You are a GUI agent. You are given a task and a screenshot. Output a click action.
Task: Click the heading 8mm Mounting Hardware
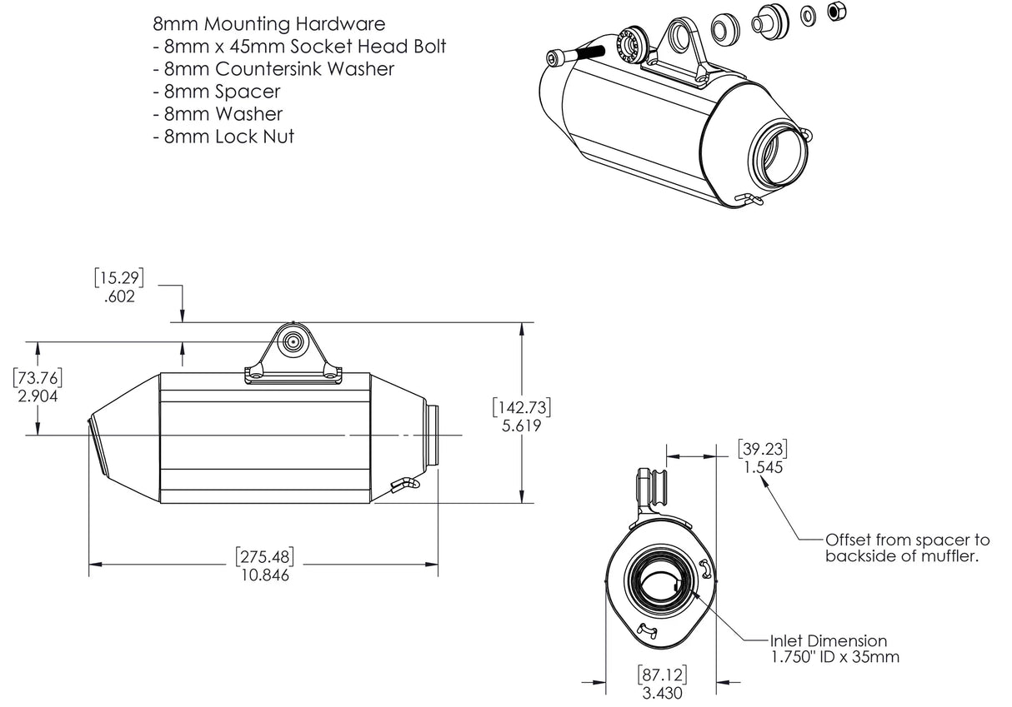click(x=268, y=23)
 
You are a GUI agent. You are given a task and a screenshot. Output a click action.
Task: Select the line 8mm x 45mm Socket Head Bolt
click(x=300, y=46)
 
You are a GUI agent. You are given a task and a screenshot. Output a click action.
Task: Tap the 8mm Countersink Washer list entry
click(x=273, y=68)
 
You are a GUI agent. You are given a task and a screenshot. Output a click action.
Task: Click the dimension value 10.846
click(x=263, y=575)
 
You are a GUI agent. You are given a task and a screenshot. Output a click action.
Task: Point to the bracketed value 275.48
click(x=263, y=556)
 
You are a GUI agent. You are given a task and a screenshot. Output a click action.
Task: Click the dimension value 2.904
click(x=38, y=396)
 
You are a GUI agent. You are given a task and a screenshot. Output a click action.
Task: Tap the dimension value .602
click(x=120, y=296)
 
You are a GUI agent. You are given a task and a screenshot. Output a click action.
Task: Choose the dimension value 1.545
click(x=762, y=467)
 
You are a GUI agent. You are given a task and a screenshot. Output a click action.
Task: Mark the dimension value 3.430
click(x=659, y=692)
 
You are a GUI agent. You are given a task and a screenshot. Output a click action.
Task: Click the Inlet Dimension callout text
click(x=828, y=641)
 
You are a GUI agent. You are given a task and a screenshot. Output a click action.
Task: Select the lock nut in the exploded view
click(x=833, y=12)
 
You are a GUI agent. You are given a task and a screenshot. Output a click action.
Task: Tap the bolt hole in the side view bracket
click(x=293, y=341)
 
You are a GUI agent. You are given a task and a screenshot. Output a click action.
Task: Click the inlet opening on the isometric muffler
click(x=780, y=157)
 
